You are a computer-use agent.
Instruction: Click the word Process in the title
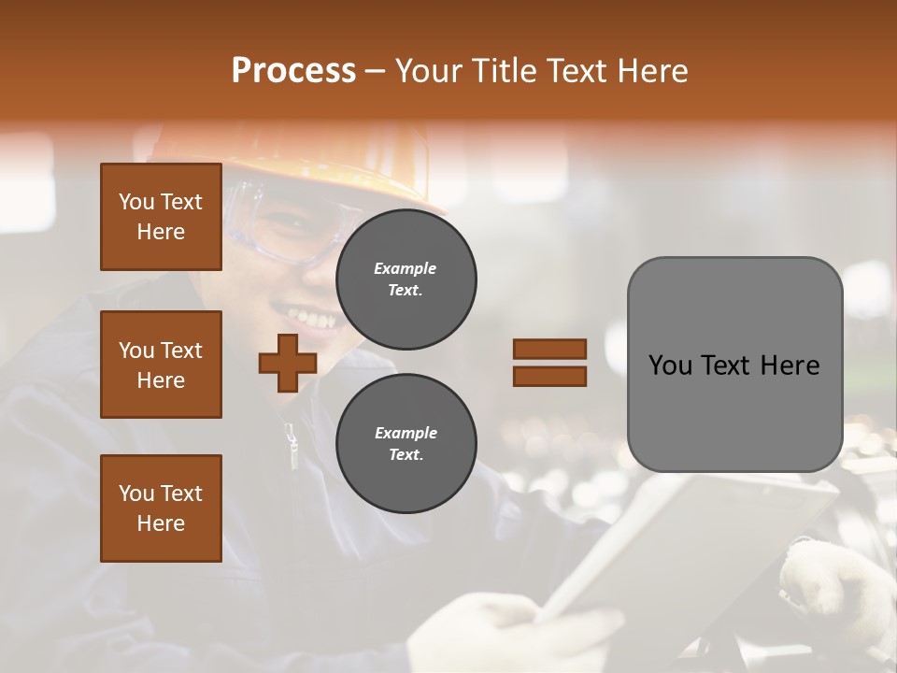(293, 70)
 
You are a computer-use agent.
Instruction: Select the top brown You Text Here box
(161, 217)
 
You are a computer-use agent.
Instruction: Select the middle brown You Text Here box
(161, 365)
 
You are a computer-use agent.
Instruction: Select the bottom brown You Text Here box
(161, 508)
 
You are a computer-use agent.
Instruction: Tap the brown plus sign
(288, 363)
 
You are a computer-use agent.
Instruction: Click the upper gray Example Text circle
(406, 279)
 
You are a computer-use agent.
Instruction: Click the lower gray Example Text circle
(406, 443)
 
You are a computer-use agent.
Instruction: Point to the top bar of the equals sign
(549, 349)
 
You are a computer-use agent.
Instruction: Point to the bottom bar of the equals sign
(549, 377)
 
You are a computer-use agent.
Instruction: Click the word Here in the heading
(647, 70)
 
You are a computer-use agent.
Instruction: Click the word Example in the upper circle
(406, 268)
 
